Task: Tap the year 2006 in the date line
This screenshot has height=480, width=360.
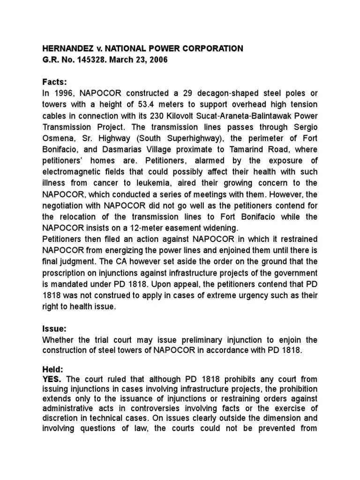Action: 158,60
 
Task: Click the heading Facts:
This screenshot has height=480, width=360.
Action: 55,82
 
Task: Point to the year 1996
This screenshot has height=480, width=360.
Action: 63,93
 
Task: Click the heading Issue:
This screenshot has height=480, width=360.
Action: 55,328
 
